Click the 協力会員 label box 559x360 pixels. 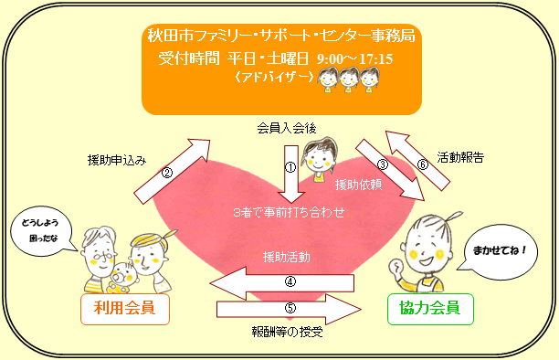(432, 309)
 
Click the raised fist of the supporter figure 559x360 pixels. (395, 269)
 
